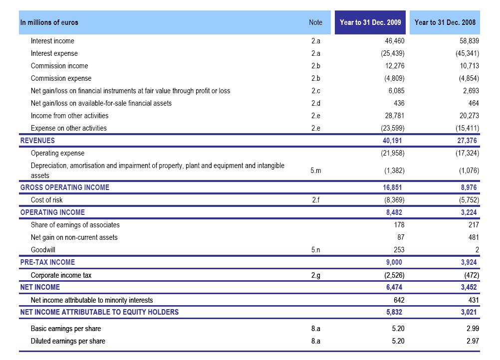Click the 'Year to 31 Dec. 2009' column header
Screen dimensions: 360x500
370,22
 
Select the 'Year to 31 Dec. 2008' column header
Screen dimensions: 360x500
445,22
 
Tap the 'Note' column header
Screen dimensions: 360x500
315,22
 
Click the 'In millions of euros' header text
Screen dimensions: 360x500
49,22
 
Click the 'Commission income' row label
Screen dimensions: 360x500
59,66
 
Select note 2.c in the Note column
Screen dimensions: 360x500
315,91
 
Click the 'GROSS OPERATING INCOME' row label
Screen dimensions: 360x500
64,187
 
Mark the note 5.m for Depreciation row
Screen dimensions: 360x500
315,171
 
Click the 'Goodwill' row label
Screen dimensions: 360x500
43,250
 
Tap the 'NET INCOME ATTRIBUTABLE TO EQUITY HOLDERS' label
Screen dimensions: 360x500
99,312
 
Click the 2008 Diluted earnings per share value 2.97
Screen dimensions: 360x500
472,341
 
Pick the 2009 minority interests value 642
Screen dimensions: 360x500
398,300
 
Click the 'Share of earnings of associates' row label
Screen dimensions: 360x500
75,225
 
